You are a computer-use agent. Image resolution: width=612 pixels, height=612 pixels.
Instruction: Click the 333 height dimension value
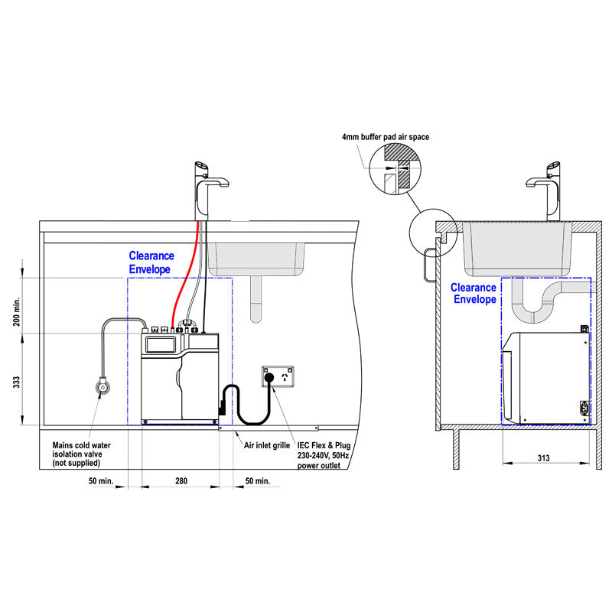[x=16, y=379]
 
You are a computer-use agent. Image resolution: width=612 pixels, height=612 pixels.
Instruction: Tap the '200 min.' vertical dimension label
[x=16, y=313]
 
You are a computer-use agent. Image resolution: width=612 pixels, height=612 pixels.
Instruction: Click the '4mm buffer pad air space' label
[x=386, y=137]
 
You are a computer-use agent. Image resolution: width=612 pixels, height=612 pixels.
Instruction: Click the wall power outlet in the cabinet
[x=277, y=377]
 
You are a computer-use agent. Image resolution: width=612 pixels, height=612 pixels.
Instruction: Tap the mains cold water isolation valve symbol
[x=101, y=387]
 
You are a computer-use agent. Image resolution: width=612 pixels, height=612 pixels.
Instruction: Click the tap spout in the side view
[x=541, y=182]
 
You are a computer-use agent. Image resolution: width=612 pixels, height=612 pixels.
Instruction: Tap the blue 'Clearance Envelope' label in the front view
[x=151, y=262]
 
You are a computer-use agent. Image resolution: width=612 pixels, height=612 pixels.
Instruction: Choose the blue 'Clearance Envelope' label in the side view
[x=473, y=293]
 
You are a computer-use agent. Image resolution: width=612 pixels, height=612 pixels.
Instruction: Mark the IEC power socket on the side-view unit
[x=586, y=409]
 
